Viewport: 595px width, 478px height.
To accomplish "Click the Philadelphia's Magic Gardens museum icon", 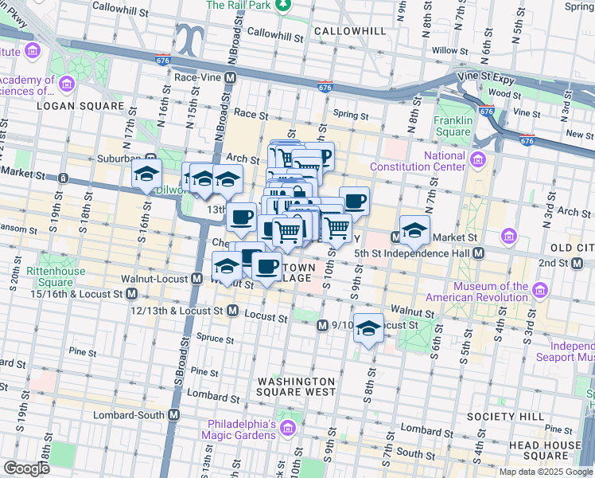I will [x=287, y=430].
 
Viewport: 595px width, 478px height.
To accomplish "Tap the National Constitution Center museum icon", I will [x=477, y=161].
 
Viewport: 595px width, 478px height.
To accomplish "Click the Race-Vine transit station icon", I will [x=230, y=78].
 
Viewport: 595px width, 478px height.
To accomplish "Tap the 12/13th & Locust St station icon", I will [x=232, y=310].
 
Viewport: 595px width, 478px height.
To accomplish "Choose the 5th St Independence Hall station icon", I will [x=478, y=253].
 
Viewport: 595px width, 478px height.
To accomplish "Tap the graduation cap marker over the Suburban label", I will [x=146, y=174].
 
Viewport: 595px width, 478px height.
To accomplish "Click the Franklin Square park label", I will [x=453, y=126].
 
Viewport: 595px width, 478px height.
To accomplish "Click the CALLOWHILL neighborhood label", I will [x=350, y=31].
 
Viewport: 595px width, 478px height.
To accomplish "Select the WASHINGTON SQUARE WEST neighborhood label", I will [x=296, y=386].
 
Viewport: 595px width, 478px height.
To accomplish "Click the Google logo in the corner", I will [x=25, y=468].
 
